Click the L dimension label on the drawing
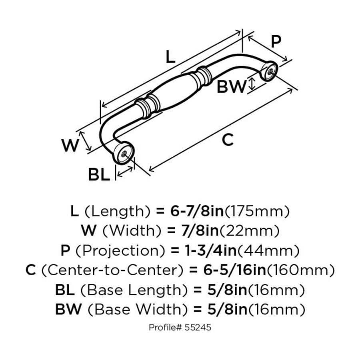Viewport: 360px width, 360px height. [x=170, y=57]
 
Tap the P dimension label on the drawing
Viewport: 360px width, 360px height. [x=276, y=41]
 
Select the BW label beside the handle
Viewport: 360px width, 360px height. [x=231, y=87]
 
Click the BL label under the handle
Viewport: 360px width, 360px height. [x=99, y=174]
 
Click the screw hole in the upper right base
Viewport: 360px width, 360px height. [x=270, y=71]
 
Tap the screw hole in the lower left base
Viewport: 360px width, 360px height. [x=124, y=153]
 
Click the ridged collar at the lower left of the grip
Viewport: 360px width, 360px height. [x=148, y=107]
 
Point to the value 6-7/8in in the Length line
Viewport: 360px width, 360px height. [x=197, y=211]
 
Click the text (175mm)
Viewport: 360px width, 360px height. [x=257, y=211]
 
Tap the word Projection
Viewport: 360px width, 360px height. [x=120, y=250]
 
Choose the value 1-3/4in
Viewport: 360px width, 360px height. [x=210, y=250]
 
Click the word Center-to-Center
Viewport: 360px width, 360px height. [x=112, y=270]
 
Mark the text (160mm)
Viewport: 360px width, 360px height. [x=300, y=270]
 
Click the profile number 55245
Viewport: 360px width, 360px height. [x=198, y=327]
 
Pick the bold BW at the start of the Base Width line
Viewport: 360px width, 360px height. [x=68, y=309]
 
